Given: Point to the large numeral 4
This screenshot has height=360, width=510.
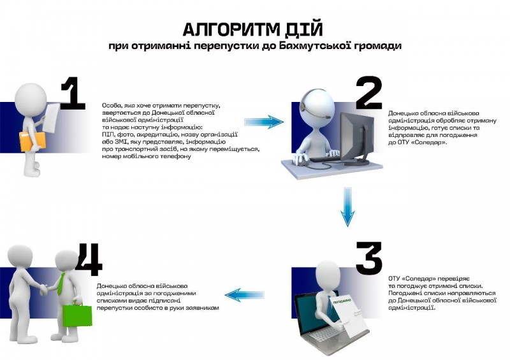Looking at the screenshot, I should (89, 258).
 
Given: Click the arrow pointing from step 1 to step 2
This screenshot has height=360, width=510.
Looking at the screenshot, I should (264, 121).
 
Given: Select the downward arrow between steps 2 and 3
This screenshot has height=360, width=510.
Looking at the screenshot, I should (347, 207).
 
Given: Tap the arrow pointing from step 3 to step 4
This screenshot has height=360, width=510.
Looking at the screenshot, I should (245, 294).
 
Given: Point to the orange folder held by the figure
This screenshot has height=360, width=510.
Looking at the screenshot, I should (33, 141).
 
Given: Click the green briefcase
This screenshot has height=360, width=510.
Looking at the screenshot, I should (77, 315).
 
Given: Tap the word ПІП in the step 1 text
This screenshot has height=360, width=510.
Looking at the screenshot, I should (108, 134).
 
